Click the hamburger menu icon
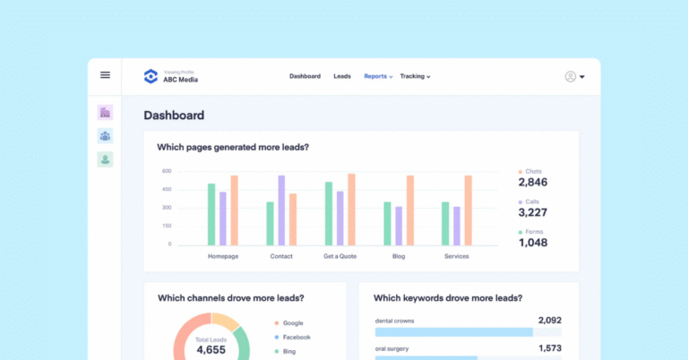pos(105,75)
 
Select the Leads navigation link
pos(342,76)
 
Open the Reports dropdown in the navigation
pos(378,76)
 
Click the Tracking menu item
pos(415,76)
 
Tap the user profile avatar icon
pos(571,76)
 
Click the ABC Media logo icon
pos(150,76)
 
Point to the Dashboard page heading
pos(174,116)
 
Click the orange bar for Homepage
pos(234,210)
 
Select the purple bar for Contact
pos(281,210)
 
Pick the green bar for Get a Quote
pos(329,213)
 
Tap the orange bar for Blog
pos(410,210)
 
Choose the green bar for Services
pos(445,223)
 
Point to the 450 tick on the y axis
pos(167,189)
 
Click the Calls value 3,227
pos(533,212)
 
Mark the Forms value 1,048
pos(533,243)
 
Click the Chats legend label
pos(534,171)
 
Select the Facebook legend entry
pos(297,338)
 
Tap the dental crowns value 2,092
pos(549,321)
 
